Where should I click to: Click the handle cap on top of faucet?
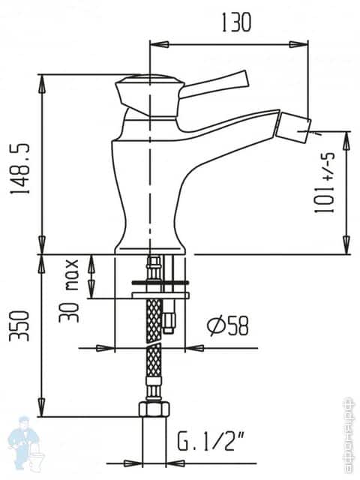click(150, 81)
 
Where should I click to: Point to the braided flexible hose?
click(154, 337)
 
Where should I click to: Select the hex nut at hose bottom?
click(153, 410)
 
